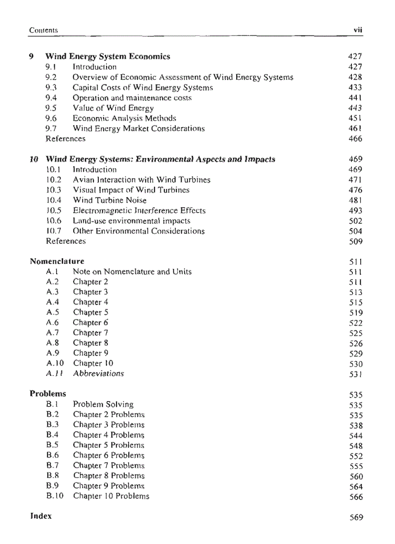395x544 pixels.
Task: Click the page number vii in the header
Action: [358, 30]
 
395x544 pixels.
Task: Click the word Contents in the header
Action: [44, 30]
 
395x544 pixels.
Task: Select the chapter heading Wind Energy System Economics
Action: [107, 57]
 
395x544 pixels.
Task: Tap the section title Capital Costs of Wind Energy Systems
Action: [142, 88]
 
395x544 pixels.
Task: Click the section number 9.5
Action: [51, 108]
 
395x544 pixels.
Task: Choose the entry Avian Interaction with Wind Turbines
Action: [141, 180]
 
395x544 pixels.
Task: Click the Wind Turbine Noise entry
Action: [109, 200]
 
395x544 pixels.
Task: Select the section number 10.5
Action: [54, 211]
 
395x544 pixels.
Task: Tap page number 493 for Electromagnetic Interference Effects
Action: [355, 211]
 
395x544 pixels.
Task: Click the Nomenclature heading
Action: [57, 261]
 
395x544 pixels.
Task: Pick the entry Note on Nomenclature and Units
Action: [132, 272]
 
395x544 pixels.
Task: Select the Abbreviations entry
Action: [98, 373]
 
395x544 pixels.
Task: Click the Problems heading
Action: [48, 393]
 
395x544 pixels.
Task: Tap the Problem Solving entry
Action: [103, 404]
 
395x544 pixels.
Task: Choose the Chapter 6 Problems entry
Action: [108, 455]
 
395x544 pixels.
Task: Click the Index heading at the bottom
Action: [41, 516]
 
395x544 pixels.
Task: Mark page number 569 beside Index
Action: [356, 517]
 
